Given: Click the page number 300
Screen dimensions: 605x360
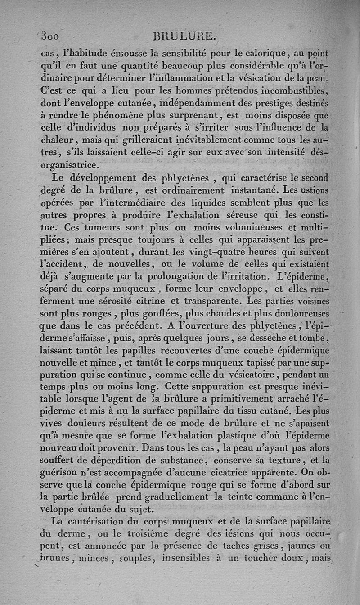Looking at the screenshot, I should click(x=50, y=36).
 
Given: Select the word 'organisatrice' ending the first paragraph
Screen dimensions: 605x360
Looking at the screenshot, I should click(x=70, y=166).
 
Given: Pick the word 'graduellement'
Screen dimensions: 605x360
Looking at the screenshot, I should click(x=171, y=497).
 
